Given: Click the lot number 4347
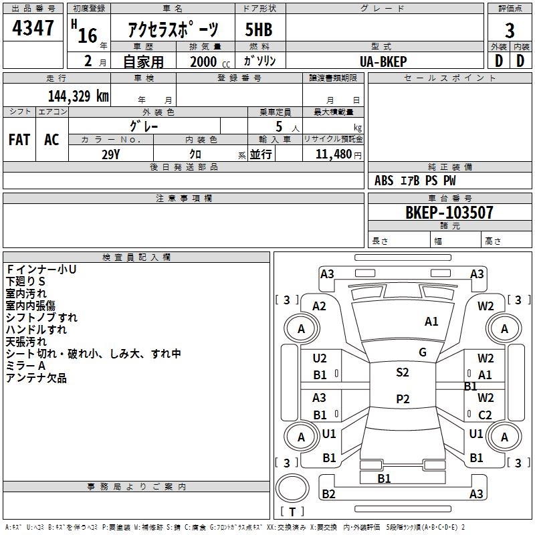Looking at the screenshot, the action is coord(33,28).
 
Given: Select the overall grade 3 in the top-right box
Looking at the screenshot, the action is coord(510,31).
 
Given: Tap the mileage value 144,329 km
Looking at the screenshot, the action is coord(78,96).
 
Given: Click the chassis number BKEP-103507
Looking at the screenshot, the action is coord(449,213).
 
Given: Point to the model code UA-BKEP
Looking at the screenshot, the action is coord(383,62).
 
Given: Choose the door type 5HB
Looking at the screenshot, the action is coord(259,29).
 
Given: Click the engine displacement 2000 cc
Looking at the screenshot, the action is coord(210,62).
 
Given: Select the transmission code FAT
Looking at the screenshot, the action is coord(19,140).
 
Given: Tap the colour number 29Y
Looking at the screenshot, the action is coord(110,154).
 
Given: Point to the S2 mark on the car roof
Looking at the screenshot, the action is coord(403,372).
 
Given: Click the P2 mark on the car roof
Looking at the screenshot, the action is coord(403,399).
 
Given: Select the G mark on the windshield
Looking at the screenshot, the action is coord(423,352).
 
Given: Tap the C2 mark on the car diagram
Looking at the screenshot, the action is coord(485,415).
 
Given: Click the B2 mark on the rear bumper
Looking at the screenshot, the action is coord(328,494).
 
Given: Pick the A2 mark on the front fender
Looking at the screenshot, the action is coord(319,306).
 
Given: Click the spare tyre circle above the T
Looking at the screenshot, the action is coord(292,488).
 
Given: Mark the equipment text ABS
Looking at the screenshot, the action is coord(384,181).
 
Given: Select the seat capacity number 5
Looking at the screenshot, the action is coord(279,126).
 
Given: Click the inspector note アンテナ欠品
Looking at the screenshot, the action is coord(36,378).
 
